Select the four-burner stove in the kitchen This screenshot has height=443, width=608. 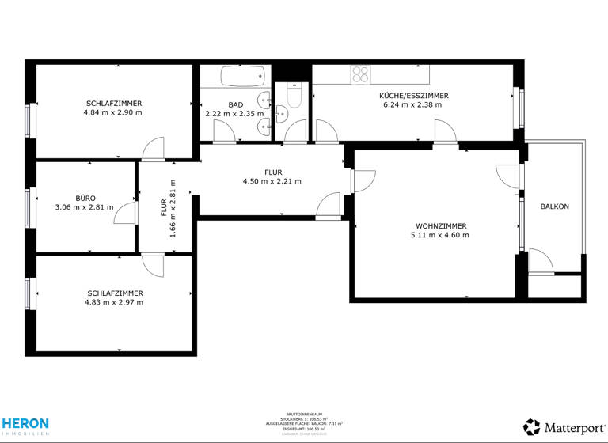click(361, 74)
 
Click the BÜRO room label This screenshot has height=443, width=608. click(85, 198)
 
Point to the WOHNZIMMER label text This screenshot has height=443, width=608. click(439, 225)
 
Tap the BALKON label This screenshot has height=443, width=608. click(554, 206)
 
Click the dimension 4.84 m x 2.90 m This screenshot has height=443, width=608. click(112, 112)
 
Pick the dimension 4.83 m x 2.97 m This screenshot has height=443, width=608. click(115, 302)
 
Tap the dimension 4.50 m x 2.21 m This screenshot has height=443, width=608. click(272, 181)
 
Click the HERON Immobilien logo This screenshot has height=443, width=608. click(25, 426)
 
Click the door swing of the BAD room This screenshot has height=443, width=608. click(224, 132)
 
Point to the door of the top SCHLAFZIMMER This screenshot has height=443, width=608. click(153, 148)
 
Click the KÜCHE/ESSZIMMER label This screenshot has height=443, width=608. click(413, 95)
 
